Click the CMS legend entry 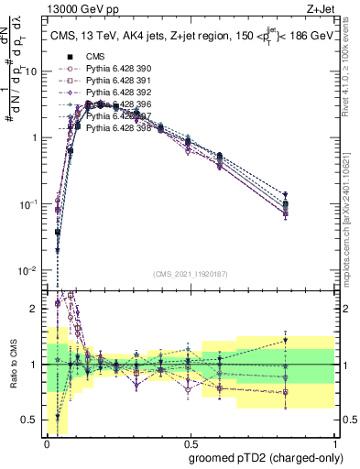pyautogui.click(x=95, y=57)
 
